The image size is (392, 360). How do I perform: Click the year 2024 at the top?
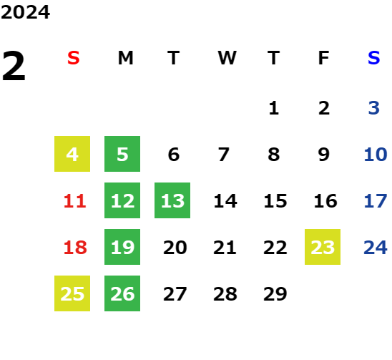[x=25, y=12]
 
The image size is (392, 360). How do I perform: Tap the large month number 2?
[x=14, y=66]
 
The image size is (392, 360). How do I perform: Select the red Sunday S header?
[x=74, y=58]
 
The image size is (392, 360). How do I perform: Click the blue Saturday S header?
[x=373, y=58]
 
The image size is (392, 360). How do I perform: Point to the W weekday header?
[x=227, y=58]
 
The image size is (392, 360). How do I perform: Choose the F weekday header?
[x=323, y=58]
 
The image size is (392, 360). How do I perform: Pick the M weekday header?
[x=125, y=58]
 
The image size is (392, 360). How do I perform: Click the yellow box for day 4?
[x=72, y=154]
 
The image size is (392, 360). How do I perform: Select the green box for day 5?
[x=122, y=154]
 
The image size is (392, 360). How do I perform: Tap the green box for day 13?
[x=172, y=200]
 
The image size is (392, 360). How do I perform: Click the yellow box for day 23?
[x=323, y=247]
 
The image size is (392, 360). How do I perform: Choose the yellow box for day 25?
[x=72, y=293]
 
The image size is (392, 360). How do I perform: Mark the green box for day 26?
[x=122, y=293]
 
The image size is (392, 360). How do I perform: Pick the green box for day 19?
[x=122, y=247]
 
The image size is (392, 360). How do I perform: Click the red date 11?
[x=74, y=201]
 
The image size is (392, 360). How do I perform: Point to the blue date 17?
[x=376, y=201]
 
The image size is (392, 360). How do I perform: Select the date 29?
[x=275, y=294]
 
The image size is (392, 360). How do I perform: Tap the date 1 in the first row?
[x=274, y=108]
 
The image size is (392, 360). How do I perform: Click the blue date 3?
[x=374, y=108]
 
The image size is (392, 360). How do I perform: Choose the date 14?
[x=225, y=201]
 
